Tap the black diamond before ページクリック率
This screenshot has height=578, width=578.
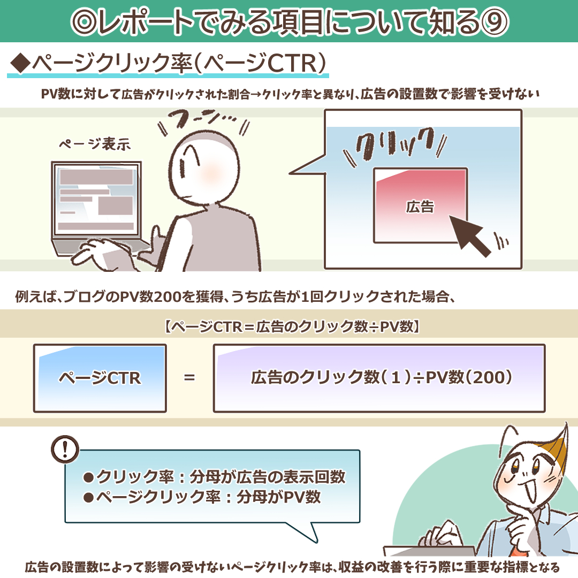(20, 63)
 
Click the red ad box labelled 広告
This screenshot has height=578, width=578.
(421, 206)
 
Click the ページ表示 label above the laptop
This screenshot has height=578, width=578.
(95, 144)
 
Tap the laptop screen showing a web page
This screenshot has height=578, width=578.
(96, 200)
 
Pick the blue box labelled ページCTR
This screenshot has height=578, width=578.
(100, 378)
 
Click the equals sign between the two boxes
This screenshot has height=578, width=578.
(189, 377)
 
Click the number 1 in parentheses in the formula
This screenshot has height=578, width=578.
(395, 377)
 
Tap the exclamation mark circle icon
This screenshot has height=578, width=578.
(65, 450)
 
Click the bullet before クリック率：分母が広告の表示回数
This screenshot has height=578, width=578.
(88, 477)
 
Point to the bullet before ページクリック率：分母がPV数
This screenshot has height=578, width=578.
(88, 498)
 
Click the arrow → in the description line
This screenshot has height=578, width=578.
(256, 95)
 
